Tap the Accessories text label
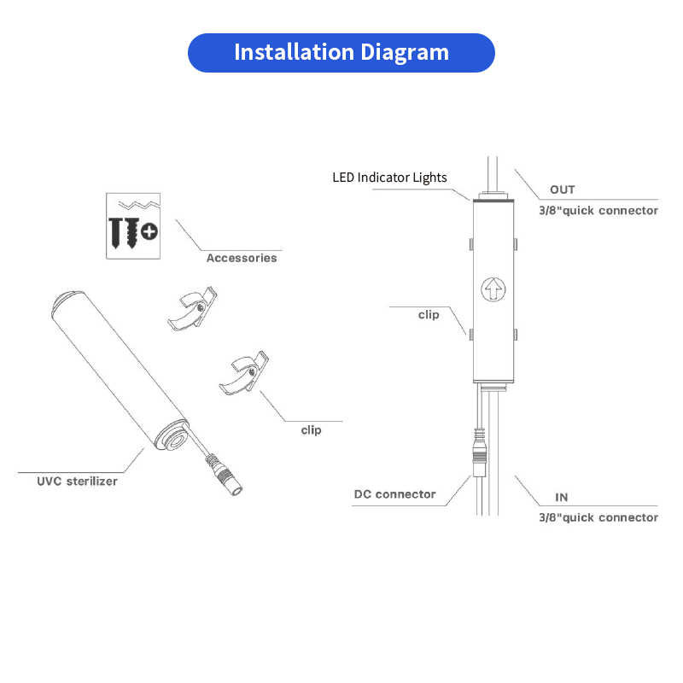tap(242, 258)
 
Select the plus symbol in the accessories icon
tap(150, 231)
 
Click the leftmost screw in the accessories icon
tap(116, 231)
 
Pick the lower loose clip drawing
tap(244, 374)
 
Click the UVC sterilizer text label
tap(77, 481)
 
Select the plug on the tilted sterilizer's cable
tap(224, 477)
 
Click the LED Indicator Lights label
tap(389, 178)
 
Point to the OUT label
tap(562, 190)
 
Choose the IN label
tap(562, 497)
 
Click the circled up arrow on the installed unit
tap(493, 289)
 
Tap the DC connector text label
tap(394, 494)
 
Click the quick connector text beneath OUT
tap(598, 210)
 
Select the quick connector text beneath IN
tap(598, 517)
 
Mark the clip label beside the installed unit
tap(429, 315)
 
